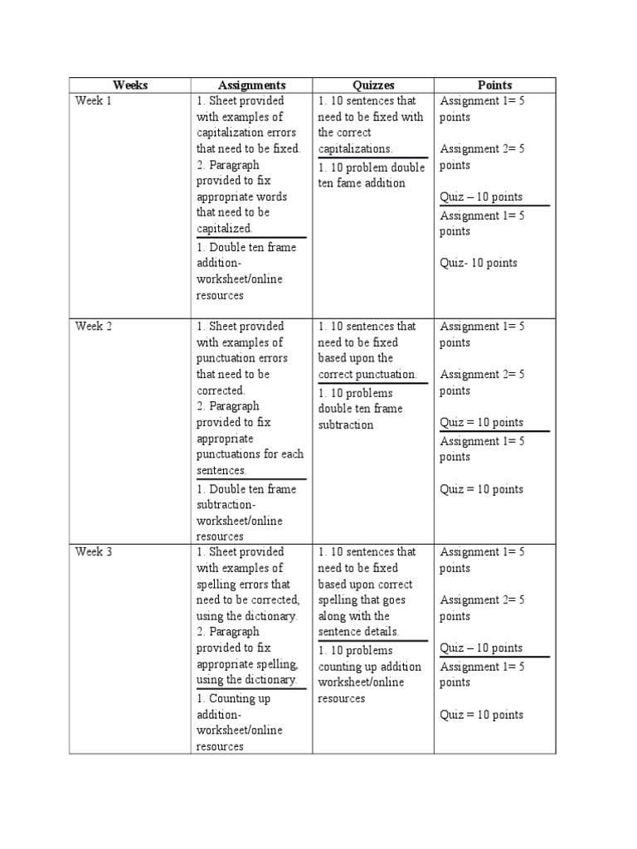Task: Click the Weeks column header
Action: [x=130, y=85]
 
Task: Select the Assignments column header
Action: [x=251, y=85]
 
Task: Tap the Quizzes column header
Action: [x=372, y=85]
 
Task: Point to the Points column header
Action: [x=494, y=85]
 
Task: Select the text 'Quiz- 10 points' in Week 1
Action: [x=479, y=263]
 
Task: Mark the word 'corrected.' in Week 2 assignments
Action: [x=221, y=390]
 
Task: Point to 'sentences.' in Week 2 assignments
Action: [x=221, y=470]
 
